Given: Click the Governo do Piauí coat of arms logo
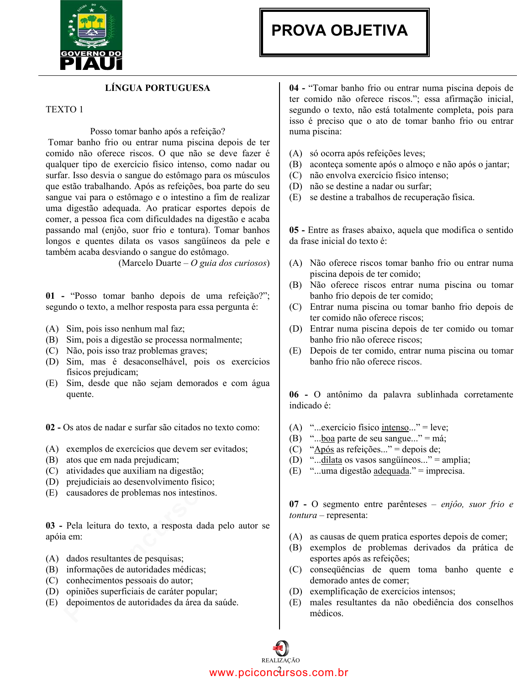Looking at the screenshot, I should pos(91,35).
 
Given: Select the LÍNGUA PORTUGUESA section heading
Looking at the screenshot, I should pos(158,88).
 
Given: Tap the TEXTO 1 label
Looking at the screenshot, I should pos(64,110).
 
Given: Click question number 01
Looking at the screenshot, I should pos(50,296).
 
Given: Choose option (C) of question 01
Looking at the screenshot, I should pos(52,351).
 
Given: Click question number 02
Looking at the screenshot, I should pos(50,428).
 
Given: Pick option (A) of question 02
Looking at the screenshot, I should pos(52,449).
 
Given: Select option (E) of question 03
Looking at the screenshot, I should pos(52,602).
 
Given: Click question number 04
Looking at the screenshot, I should pos(294,88).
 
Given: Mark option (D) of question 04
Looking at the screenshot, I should pos(295,186).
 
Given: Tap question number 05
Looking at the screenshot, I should pos(294,230).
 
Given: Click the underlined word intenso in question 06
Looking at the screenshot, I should pos(395,428).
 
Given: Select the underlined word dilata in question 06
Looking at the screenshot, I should pos(332,460).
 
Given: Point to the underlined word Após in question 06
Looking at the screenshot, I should pos(324,449).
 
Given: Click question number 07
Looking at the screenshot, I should pos(294,504).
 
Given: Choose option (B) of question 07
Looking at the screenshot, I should pos(295,548).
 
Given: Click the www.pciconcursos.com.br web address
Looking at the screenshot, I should pos(279,673).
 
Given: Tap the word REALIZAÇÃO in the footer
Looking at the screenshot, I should pos(280,661).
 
